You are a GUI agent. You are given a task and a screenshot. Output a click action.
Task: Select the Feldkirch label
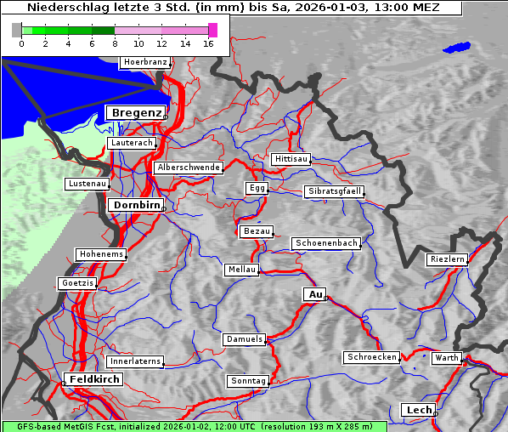(x=93, y=378)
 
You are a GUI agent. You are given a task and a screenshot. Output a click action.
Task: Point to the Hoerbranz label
(x=144, y=62)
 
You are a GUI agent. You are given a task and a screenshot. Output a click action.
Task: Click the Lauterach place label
(x=132, y=143)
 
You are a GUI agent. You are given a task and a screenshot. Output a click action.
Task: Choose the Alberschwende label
(x=188, y=168)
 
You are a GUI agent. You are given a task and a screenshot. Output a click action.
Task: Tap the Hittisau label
(x=291, y=159)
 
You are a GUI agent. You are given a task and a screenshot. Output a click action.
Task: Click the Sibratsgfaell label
(x=334, y=191)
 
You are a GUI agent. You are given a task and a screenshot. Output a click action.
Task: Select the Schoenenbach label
(x=326, y=243)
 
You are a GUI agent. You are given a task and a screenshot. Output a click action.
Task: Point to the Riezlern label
(x=447, y=259)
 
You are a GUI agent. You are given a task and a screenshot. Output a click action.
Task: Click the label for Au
(x=314, y=294)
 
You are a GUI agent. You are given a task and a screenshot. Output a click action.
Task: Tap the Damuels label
(x=245, y=339)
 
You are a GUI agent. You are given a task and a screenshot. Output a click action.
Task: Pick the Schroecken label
(x=371, y=357)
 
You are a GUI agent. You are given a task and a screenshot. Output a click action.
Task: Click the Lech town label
(x=419, y=410)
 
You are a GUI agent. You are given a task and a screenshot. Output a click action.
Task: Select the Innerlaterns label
(x=135, y=361)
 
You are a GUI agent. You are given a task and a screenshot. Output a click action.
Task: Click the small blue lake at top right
(x=456, y=48)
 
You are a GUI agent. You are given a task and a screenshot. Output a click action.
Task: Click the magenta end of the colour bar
(x=212, y=30)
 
